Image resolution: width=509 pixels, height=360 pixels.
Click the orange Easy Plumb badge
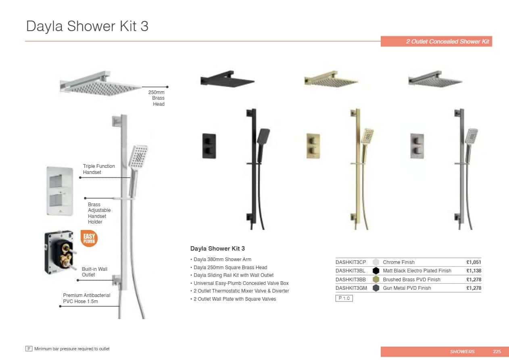(89, 239)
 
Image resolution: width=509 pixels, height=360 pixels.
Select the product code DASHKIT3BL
(350, 271)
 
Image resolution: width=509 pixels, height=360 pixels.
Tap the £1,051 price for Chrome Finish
(474, 262)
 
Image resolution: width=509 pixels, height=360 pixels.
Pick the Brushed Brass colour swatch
(376, 279)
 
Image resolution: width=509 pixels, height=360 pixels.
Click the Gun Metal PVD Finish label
(407, 288)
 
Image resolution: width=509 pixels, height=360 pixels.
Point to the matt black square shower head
(227, 80)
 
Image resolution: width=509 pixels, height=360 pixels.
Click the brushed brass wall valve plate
(313, 146)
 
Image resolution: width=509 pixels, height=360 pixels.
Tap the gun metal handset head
(471, 136)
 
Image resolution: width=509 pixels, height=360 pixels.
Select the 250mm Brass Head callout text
(156, 98)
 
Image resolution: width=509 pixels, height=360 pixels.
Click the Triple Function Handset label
(99, 169)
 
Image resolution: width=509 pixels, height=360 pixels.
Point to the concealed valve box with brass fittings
(60, 252)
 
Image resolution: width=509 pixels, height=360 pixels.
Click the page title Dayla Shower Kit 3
(87, 26)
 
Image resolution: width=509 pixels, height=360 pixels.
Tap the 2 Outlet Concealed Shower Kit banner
(436, 42)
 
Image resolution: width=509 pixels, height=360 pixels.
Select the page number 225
(497, 352)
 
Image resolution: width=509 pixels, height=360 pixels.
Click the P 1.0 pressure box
(344, 298)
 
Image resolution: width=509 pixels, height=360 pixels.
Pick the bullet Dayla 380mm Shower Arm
(223, 259)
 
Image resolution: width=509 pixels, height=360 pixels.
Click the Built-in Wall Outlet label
(94, 272)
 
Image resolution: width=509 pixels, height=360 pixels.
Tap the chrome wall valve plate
(60, 191)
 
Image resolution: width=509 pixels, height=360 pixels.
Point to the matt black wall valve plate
(209, 146)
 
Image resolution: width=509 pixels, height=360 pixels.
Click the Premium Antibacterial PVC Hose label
(87, 298)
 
